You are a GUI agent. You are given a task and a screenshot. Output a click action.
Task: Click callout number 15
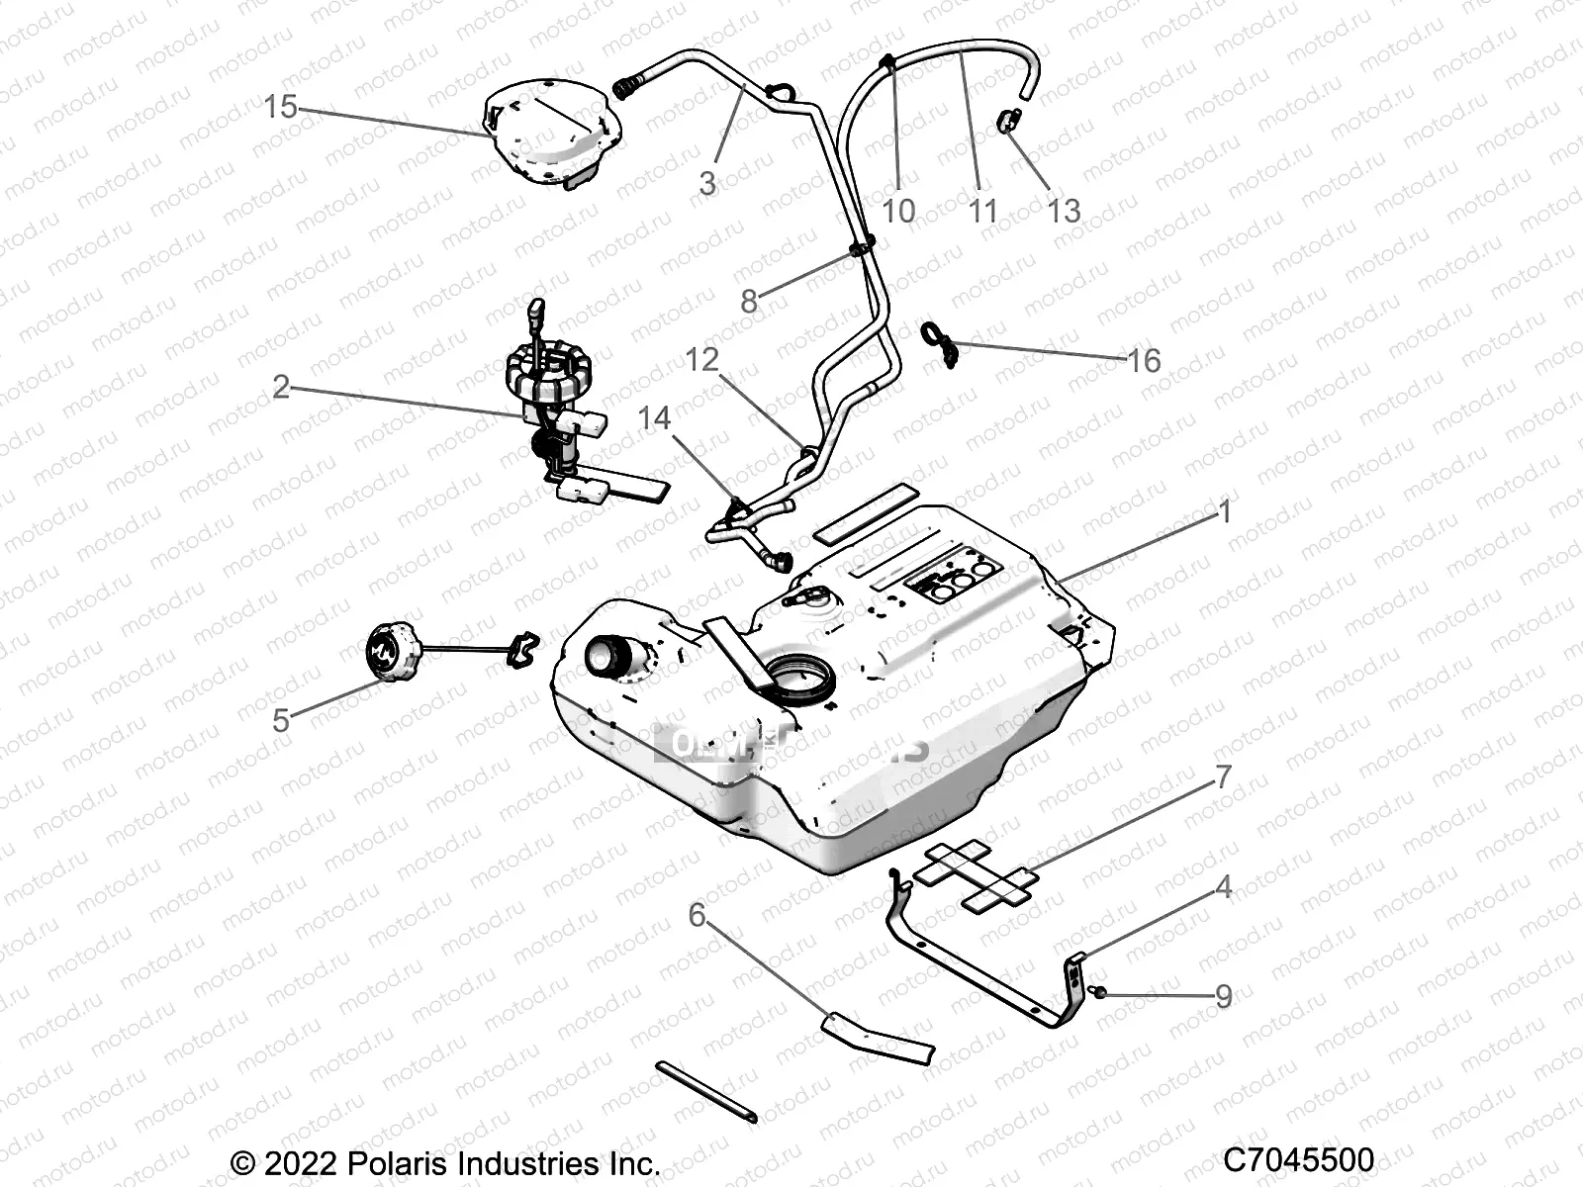point(280,106)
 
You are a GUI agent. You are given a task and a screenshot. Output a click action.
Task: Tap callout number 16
point(1144,360)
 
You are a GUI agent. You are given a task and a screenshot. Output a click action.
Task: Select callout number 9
point(1223,996)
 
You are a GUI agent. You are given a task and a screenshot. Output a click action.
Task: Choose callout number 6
point(697,915)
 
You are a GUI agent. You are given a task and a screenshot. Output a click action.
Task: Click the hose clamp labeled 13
point(1008,121)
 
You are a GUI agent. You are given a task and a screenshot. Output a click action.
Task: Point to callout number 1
point(1225,511)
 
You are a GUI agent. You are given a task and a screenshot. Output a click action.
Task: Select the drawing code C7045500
point(1298,1159)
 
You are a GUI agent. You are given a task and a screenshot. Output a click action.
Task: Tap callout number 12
point(701,359)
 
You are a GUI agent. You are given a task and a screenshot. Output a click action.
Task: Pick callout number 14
point(654,418)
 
